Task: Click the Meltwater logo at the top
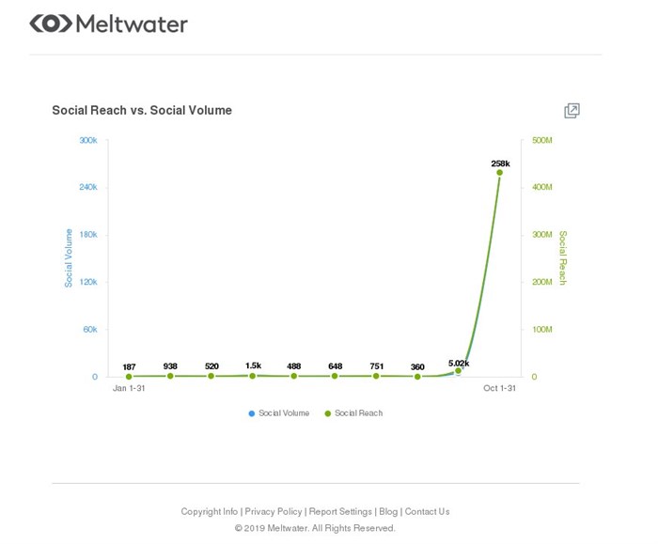[x=108, y=23]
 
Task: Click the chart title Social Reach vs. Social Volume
[x=142, y=110]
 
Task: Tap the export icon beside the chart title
[x=572, y=111]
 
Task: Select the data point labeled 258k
[x=500, y=172]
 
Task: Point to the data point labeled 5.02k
[x=459, y=371]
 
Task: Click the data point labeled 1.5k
[x=253, y=376]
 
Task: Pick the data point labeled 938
[x=170, y=376]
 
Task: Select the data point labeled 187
[x=129, y=377]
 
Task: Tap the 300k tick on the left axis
[x=87, y=140]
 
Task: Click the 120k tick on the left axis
[x=87, y=282]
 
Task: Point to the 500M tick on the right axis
[x=542, y=140]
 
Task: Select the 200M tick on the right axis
[x=542, y=282]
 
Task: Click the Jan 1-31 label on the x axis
[x=129, y=388]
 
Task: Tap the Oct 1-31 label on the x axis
[x=500, y=388]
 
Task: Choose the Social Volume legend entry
[x=279, y=413]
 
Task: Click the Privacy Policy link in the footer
[x=274, y=512]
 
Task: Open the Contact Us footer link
[x=427, y=512]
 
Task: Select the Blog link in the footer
[x=388, y=512]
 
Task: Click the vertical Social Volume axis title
[x=69, y=257]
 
